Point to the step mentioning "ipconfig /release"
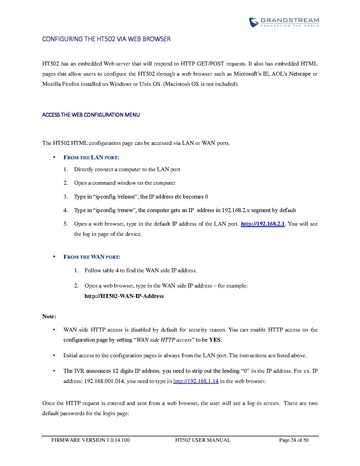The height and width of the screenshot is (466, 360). [x=161, y=199]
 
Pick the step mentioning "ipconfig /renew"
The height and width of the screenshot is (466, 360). [x=190, y=212]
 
